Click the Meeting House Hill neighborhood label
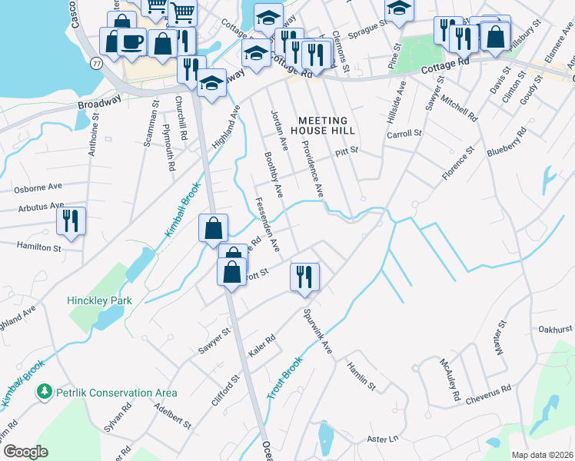point(323,126)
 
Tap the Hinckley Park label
point(99,300)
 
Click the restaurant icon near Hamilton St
point(71,221)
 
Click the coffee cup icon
point(131,42)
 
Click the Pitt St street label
point(347,152)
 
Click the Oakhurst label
point(556,329)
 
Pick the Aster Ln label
point(384,439)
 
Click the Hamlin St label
point(361,376)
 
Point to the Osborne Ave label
point(37,188)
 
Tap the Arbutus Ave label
point(36,206)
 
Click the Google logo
point(25,451)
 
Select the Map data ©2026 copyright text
point(542,455)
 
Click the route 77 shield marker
point(97,61)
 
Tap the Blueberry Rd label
point(507,144)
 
